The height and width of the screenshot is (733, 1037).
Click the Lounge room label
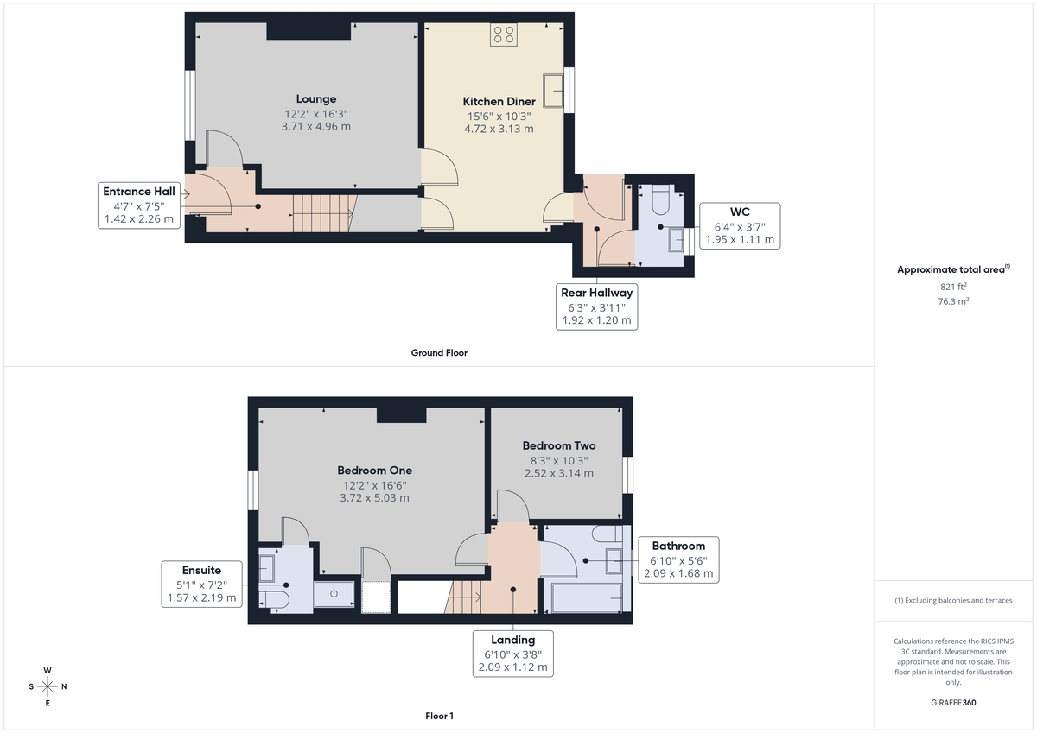click(x=315, y=99)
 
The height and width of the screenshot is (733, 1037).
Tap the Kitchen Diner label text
click(x=499, y=102)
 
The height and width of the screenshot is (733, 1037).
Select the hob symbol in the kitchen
click(x=504, y=35)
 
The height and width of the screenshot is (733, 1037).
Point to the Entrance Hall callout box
click(x=138, y=205)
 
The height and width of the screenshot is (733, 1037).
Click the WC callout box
click(x=740, y=225)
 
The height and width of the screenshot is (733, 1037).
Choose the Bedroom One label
click(x=374, y=471)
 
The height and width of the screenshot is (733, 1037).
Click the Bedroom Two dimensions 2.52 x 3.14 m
click(x=558, y=473)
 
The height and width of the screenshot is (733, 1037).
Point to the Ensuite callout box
click(x=200, y=584)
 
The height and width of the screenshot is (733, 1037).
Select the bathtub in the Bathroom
click(x=586, y=597)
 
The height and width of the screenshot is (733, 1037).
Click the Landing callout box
click(x=512, y=654)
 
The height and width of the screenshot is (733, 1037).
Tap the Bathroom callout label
click(x=678, y=559)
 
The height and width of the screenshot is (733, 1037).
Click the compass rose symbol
click(x=48, y=686)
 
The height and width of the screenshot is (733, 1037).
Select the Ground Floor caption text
click(x=439, y=353)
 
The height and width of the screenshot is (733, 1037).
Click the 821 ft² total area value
click(x=953, y=287)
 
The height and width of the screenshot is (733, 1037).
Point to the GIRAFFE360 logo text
click(x=953, y=703)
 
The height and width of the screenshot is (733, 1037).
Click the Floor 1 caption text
click(x=439, y=716)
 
